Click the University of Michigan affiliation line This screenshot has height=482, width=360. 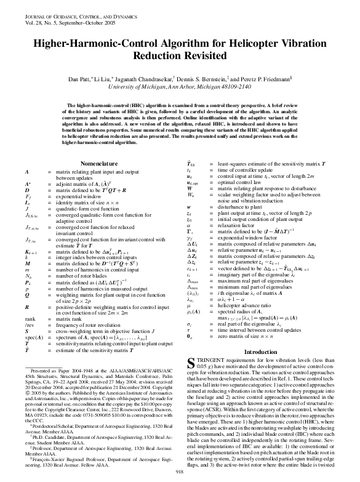180,87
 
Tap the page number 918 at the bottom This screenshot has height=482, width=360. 180,471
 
